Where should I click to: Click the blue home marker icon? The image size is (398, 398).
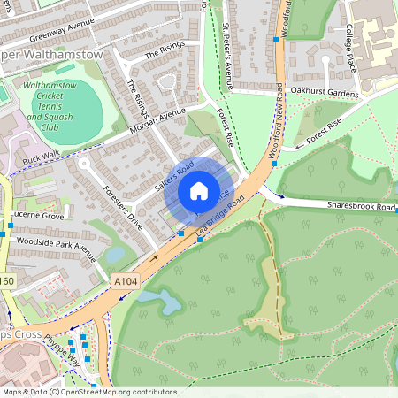tap(198, 191)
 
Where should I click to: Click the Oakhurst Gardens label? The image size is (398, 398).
tap(326, 91)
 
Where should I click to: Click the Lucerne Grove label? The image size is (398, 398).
tap(37, 216)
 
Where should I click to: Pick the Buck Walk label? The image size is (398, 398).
tap(40, 157)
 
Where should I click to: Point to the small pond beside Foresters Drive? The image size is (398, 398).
tap(115, 255)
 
